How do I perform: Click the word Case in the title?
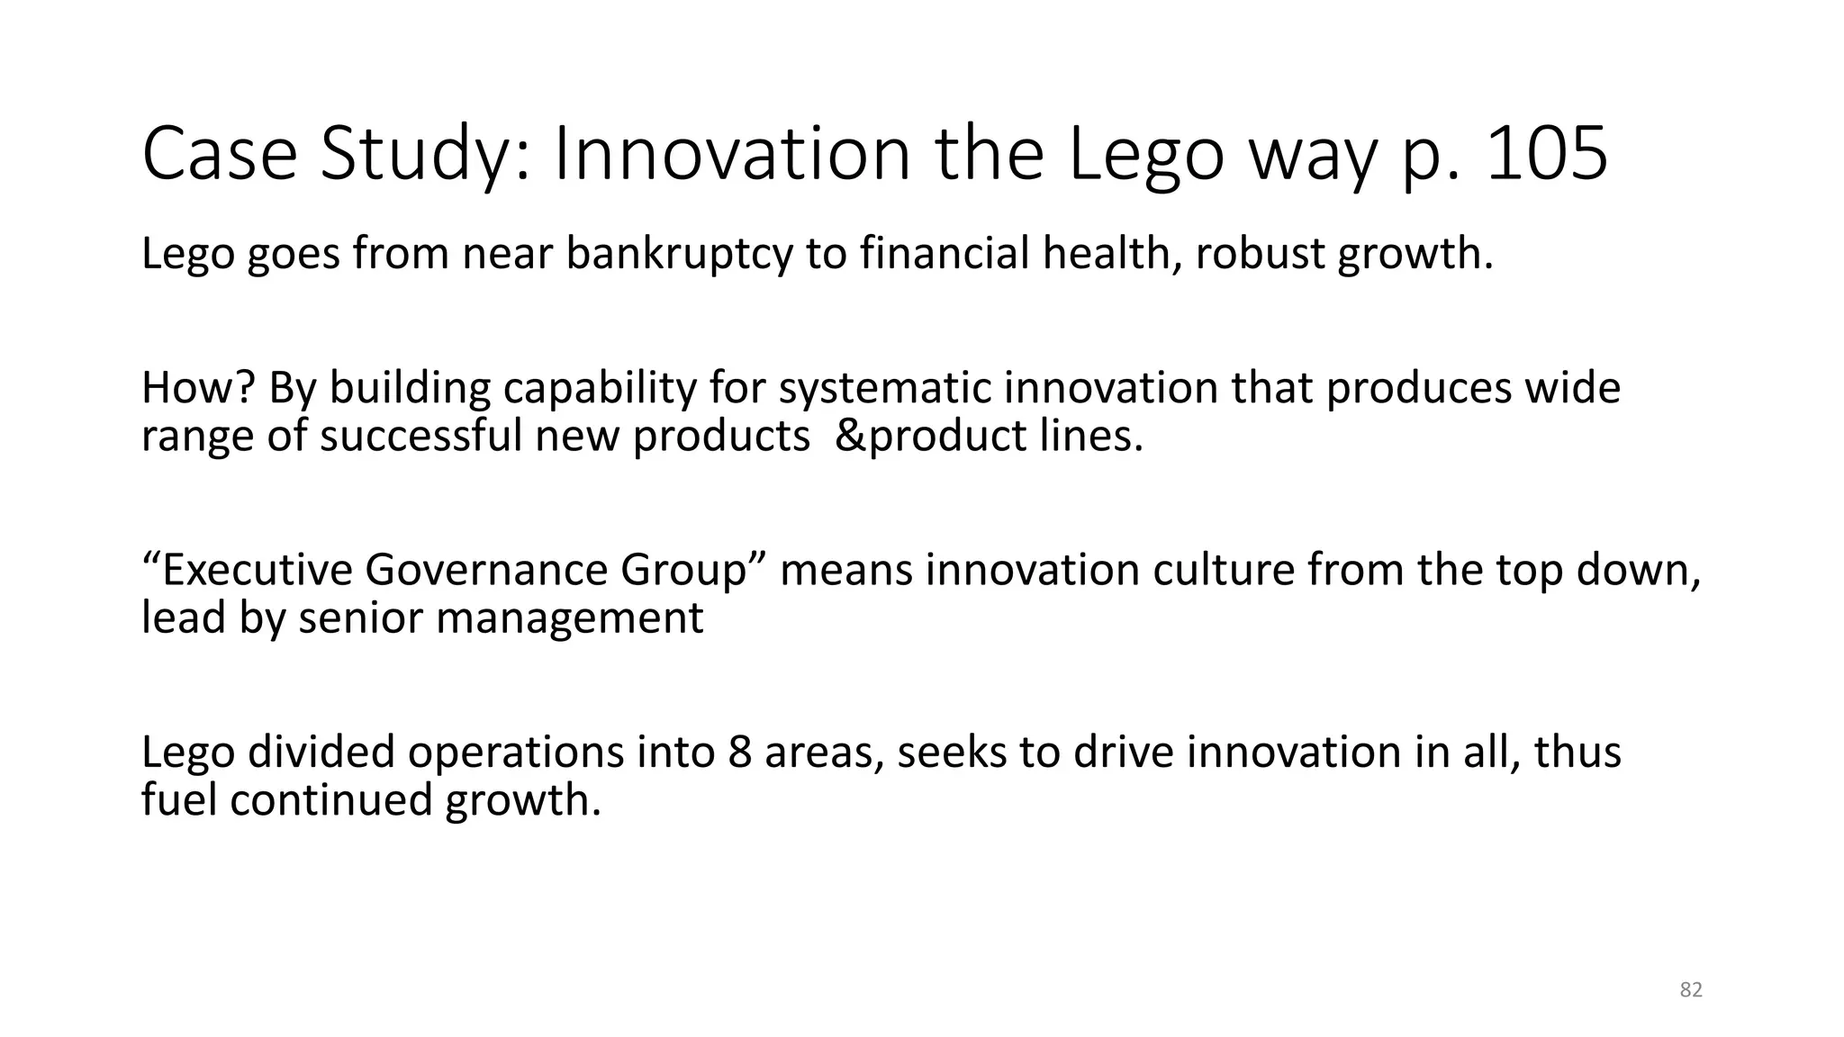coord(220,154)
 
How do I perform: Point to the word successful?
coord(420,437)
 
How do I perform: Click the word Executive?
coord(248,570)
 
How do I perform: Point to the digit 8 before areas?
coord(740,752)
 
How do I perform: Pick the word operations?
coord(515,752)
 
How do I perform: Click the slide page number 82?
coord(1691,990)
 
